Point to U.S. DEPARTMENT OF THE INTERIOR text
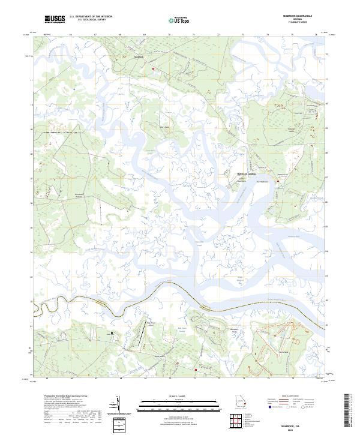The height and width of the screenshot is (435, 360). pos(90,17)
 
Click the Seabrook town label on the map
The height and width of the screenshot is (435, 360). pos(139,58)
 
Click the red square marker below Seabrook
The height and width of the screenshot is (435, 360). pos(153,69)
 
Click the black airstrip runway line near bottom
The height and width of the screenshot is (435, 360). pos(142,338)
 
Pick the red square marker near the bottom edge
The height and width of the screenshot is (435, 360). pos(194,371)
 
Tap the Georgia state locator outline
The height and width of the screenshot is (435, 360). pos(241,403)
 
